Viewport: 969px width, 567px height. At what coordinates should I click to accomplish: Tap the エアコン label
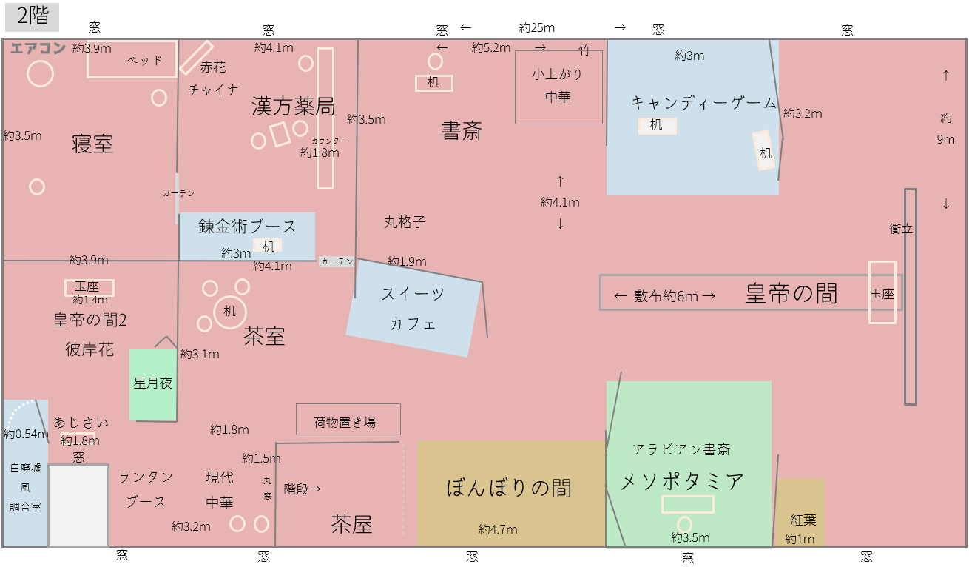tap(38, 49)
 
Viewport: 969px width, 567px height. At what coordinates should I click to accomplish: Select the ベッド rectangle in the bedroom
tap(132, 60)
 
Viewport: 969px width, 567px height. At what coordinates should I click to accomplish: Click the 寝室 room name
tap(92, 144)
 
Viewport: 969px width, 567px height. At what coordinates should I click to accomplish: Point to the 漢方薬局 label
tap(293, 107)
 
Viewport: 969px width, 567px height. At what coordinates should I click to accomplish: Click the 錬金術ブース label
tap(247, 227)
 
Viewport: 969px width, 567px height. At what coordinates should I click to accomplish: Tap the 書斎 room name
tap(462, 132)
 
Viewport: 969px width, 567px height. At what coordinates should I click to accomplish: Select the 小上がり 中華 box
tap(558, 87)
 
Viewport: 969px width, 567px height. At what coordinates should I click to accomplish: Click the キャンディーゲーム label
tap(703, 103)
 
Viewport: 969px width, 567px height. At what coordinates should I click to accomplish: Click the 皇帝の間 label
tap(791, 294)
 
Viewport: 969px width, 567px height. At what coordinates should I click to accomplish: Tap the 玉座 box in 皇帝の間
tap(882, 293)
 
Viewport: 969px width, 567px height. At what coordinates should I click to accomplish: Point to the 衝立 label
tap(901, 229)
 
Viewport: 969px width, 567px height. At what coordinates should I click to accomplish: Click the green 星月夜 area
tap(153, 384)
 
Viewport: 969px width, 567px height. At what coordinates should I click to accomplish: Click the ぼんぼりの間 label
tap(510, 488)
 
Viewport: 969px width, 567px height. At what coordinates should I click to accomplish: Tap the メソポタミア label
tap(681, 482)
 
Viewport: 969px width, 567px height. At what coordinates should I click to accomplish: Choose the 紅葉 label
tap(803, 520)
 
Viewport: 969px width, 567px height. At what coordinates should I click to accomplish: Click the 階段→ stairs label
tap(302, 489)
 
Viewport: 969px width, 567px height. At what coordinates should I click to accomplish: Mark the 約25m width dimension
tap(537, 27)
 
